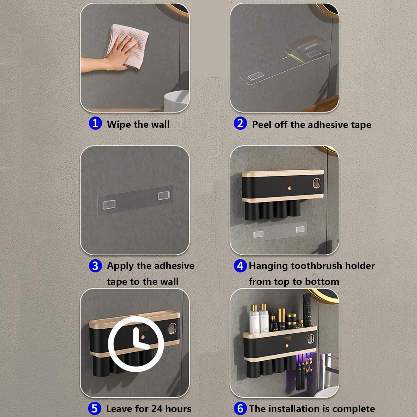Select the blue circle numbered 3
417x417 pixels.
pos(95,266)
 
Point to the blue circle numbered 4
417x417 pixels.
pos(240,266)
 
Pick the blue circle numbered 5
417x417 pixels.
pos(95,408)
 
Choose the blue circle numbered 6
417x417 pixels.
pos(240,408)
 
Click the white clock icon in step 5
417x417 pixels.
pos(136,344)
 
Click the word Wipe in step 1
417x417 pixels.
pos(119,124)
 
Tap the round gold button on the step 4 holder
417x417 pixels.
pos(289,188)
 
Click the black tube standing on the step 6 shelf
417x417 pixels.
pos(307,310)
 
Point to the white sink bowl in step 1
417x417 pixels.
pos(176,101)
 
